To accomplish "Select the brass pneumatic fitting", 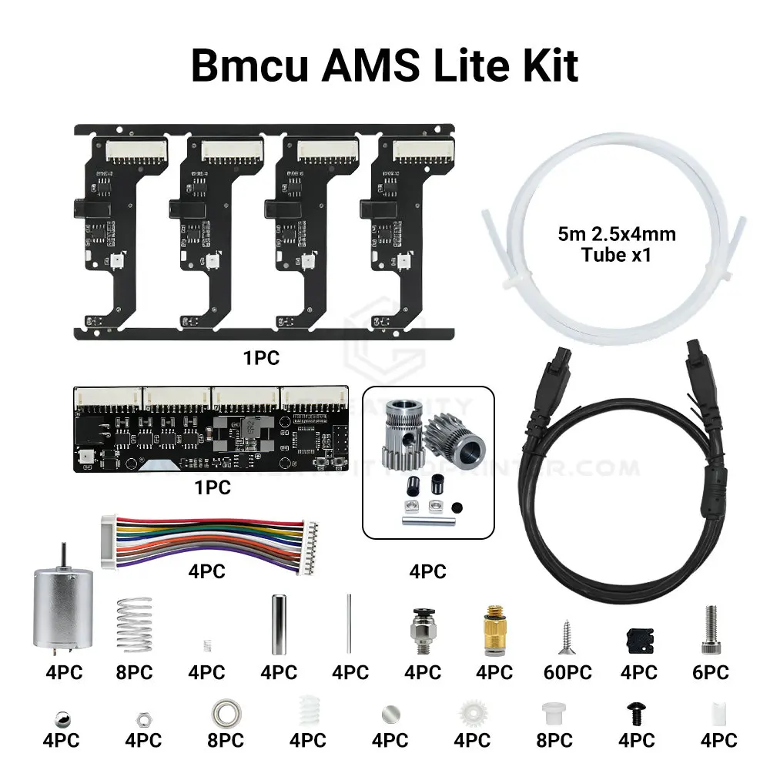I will pos(494,627).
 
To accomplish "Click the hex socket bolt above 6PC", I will pos(711,628).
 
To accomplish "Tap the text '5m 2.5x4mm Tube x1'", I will pos(617,244).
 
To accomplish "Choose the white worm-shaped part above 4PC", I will pos(307,709).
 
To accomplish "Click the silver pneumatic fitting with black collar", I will pos(421,625).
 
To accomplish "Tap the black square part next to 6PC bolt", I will pos(638,638).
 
